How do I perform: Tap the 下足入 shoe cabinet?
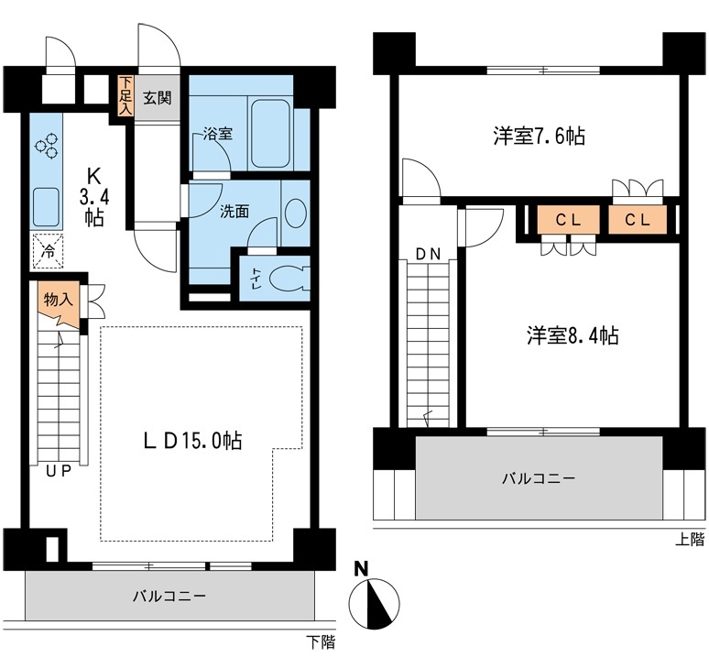125,94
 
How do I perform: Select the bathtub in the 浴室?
269,133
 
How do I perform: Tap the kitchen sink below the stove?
45,206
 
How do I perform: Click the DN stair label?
427,253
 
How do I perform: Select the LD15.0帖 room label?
193,440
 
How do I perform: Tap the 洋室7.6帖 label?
539,137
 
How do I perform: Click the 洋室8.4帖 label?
572,335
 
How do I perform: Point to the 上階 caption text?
691,541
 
